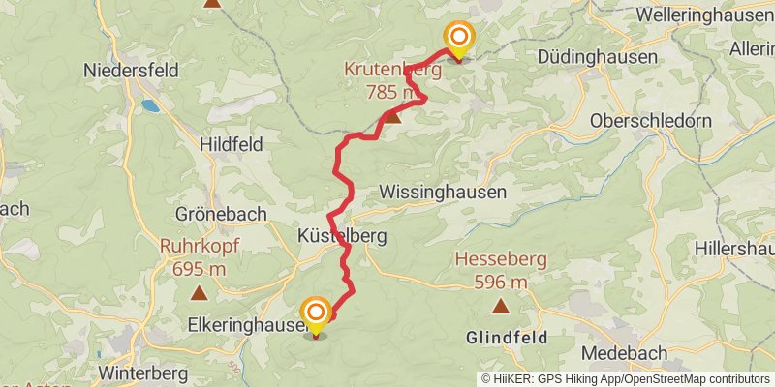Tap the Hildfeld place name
(230, 143)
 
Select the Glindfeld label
(507, 338)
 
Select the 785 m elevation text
(393, 93)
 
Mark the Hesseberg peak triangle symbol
(501, 307)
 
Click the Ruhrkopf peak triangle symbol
(199, 291)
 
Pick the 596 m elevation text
(501, 283)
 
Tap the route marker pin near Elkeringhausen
(316, 313)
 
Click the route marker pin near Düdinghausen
(458, 39)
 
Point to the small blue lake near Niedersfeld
(151, 104)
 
